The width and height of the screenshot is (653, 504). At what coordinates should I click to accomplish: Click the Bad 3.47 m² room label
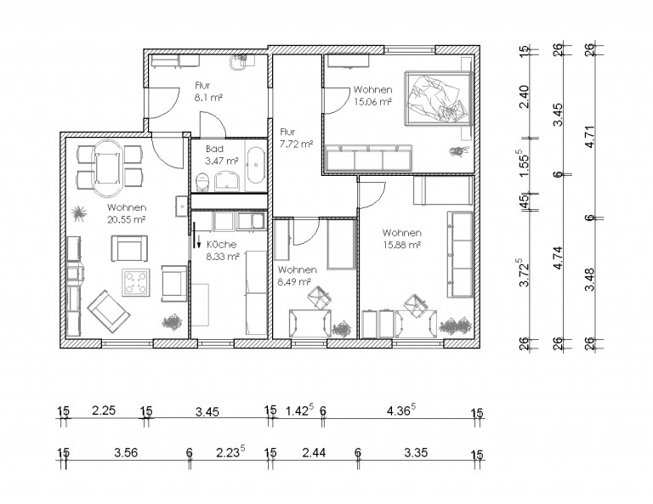point(222,155)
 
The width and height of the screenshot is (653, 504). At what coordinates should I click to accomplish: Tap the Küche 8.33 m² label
point(223,250)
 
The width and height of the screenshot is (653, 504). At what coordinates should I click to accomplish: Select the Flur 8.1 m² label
point(207,92)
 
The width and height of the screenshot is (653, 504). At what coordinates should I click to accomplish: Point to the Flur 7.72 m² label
point(296,138)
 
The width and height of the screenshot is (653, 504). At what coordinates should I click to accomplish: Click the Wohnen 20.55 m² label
point(127,213)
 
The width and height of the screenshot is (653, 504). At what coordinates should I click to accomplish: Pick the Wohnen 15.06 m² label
point(372,95)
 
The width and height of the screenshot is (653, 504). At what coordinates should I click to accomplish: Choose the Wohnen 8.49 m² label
point(297,275)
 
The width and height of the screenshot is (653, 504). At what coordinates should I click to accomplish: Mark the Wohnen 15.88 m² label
point(402,239)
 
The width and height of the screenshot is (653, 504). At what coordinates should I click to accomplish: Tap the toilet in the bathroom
point(203,182)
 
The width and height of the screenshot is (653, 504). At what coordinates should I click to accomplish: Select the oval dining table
point(108,168)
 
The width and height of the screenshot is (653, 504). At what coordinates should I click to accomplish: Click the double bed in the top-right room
point(439,98)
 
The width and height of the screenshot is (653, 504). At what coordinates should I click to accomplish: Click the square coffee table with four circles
point(136,282)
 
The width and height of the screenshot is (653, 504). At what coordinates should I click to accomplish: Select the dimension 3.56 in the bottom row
point(126,452)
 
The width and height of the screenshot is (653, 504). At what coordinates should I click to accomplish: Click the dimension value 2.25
point(104,411)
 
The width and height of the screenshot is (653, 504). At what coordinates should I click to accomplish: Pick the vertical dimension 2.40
point(525,97)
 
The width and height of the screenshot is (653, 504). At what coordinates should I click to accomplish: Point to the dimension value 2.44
point(314,452)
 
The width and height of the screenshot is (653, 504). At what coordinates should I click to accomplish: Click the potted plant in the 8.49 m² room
point(342,329)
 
